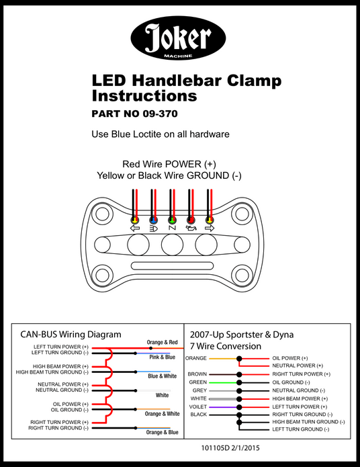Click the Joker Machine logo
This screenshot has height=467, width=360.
(x=178, y=38)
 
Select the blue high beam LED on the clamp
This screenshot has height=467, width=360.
(x=153, y=220)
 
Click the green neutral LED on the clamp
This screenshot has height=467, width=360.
(x=172, y=220)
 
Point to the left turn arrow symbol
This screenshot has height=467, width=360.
(x=135, y=228)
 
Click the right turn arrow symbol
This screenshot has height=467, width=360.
(x=210, y=228)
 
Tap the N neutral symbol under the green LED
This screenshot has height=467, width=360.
(x=172, y=228)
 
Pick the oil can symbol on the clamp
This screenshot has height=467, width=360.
(x=191, y=228)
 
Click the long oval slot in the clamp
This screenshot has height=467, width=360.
(x=173, y=265)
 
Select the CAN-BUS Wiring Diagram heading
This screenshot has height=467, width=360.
(x=71, y=334)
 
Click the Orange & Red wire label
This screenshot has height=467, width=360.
(x=163, y=342)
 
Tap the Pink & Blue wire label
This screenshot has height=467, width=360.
(x=163, y=357)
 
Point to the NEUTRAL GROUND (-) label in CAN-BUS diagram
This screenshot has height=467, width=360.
(x=62, y=390)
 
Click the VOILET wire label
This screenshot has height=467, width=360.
(x=197, y=407)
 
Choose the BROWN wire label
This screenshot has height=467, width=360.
(x=197, y=374)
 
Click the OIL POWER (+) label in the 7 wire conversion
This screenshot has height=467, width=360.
(x=290, y=358)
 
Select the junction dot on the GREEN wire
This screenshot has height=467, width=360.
(x=239, y=382)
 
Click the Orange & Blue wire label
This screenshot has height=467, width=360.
(x=163, y=432)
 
